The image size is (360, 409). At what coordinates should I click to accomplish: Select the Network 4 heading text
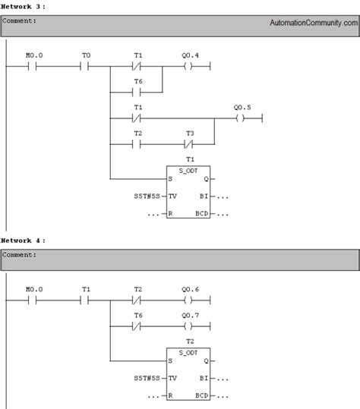24,240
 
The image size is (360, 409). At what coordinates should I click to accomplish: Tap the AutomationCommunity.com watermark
311,23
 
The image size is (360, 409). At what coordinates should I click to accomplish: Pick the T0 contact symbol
85,67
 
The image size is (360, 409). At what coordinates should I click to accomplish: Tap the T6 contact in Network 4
137,327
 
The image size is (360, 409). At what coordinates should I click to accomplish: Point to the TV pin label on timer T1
174,196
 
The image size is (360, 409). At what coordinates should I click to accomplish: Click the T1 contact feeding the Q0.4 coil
137,67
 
